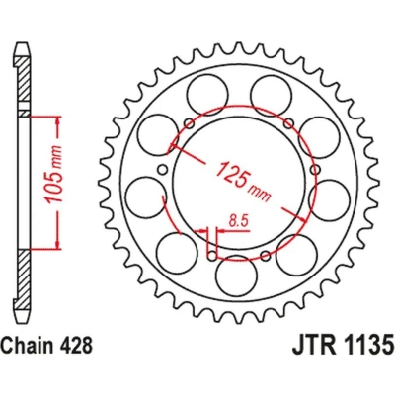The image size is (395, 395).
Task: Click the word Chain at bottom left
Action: [28, 345]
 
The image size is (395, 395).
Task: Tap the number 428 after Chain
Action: [75, 345]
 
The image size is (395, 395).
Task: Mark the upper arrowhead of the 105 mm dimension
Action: [58, 120]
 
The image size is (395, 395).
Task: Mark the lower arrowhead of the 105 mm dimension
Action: [58, 244]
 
